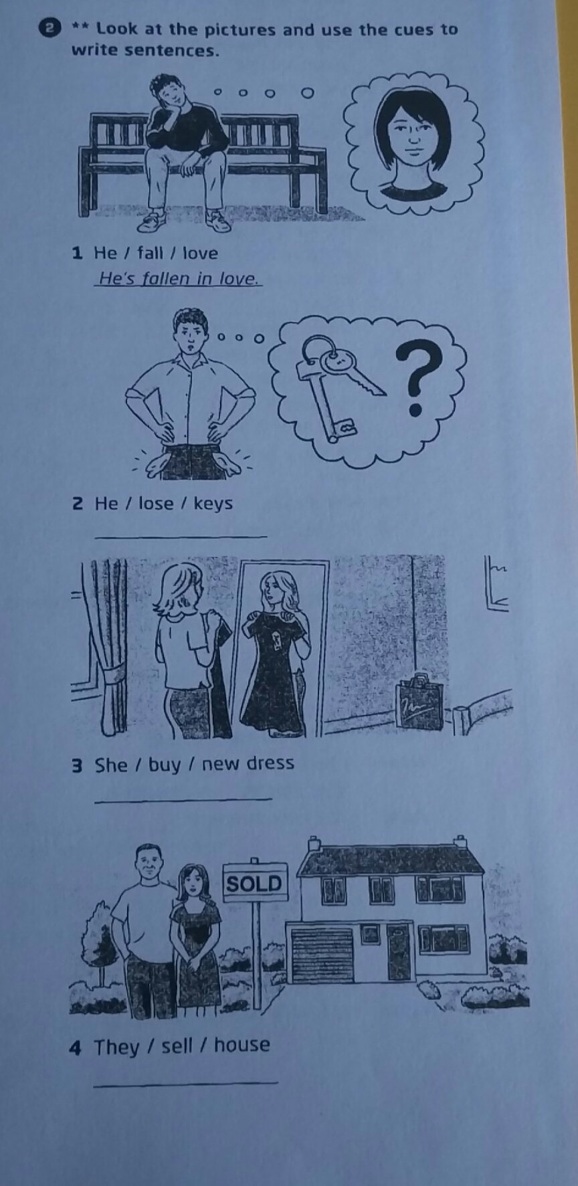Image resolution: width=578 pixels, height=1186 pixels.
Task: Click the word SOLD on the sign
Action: pos(254,884)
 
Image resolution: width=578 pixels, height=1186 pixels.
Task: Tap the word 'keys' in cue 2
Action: pos(213,503)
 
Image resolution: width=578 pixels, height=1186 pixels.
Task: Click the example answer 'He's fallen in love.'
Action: pos(178,278)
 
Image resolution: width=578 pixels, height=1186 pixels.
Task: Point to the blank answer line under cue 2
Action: pos(181,536)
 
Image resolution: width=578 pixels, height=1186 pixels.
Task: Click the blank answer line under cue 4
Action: pos(185,1082)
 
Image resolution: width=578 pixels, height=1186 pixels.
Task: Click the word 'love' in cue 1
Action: pos(201,253)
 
